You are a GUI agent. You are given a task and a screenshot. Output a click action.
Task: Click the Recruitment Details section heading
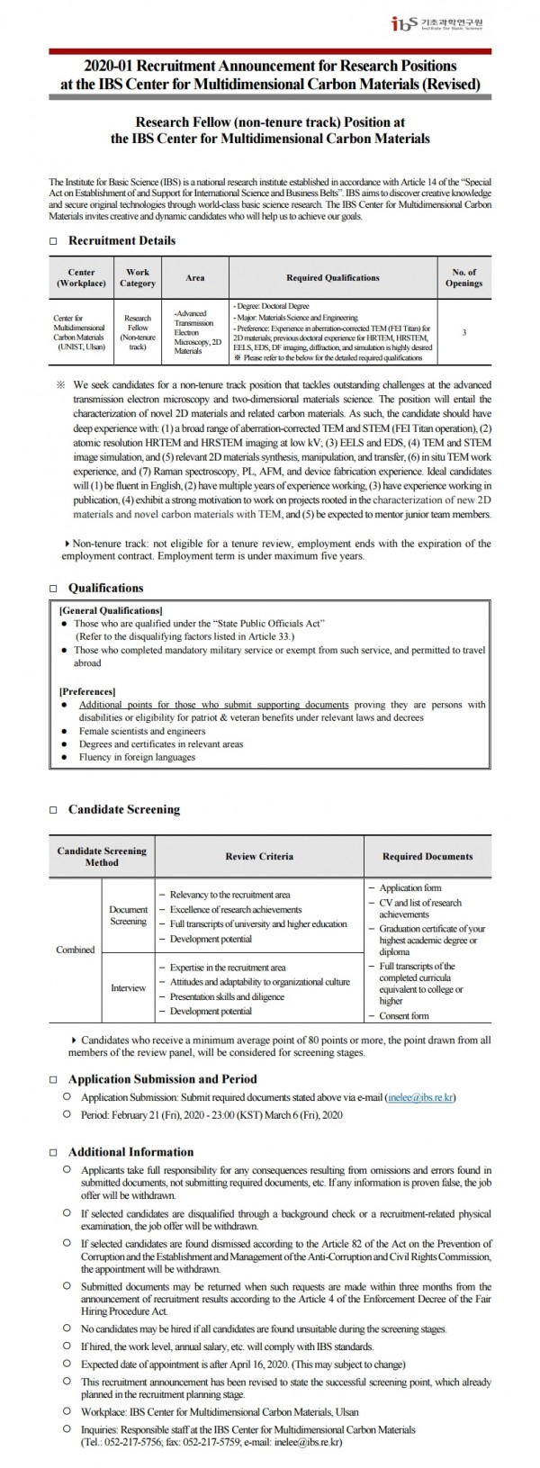pos(121,240)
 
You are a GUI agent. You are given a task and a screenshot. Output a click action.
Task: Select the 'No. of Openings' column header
pos(463,277)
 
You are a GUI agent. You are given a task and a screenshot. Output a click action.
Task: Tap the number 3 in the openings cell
pos(463,333)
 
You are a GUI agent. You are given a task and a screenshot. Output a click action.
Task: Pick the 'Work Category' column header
pos(138,277)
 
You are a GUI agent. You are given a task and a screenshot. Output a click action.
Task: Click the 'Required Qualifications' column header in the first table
pos(332,277)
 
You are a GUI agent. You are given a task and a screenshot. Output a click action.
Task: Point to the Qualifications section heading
pos(105,588)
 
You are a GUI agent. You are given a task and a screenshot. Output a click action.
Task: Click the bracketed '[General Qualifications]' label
pos(111,610)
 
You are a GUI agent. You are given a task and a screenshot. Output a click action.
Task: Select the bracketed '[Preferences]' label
pos(87,691)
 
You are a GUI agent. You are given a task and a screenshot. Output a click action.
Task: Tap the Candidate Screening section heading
pos(124,809)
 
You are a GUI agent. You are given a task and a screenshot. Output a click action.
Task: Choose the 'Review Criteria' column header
pos(259,856)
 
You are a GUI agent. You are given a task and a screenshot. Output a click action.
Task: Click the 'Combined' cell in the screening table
pos(75,950)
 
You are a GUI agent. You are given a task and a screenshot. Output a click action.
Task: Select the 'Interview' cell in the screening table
pos(128,987)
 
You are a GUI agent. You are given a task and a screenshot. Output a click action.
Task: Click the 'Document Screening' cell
pos(128,915)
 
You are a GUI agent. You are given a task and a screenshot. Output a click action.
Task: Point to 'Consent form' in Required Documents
pos(404,1015)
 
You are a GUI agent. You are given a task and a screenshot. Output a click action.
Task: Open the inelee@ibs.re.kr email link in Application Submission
pos(420,1098)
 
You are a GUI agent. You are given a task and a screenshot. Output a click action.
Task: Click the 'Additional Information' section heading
pos(130,1151)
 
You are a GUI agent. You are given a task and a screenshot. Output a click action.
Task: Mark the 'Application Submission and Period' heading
pos(162,1078)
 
